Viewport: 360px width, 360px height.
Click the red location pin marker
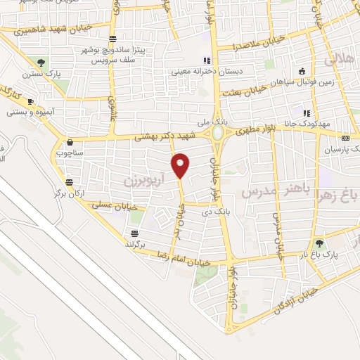(x=181, y=165)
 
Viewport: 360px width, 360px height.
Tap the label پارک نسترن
(x=36, y=73)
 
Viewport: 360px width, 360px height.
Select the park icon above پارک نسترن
(x=41, y=62)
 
